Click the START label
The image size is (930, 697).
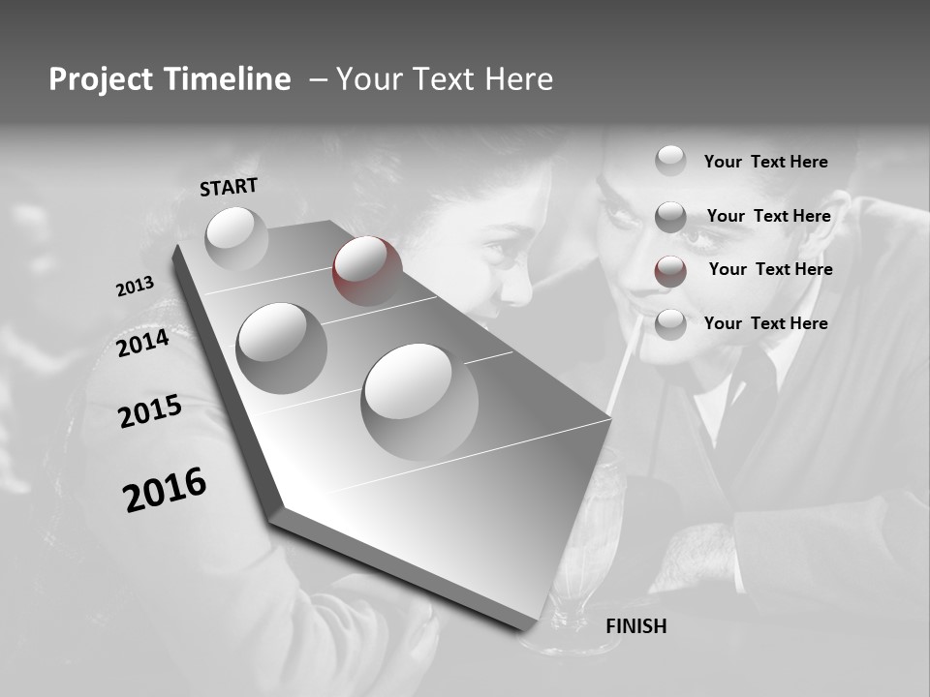click(229, 187)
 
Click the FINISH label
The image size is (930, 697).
click(635, 626)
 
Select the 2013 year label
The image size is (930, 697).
click(135, 287)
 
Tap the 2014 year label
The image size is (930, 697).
click(142, 343)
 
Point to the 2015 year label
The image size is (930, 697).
click(149, 411)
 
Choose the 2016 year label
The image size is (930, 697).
click(165, 490)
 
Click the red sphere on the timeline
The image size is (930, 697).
click(367, 271)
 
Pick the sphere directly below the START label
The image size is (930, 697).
click(236, 238)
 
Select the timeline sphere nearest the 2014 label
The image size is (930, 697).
click(282, 348)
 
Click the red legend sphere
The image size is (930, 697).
click(670, 271)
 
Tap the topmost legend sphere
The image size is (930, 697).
click(670, 161)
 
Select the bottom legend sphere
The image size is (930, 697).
click(670, 324)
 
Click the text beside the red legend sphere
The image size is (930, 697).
click(770, 269)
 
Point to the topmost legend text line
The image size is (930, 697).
click(765, 162)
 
